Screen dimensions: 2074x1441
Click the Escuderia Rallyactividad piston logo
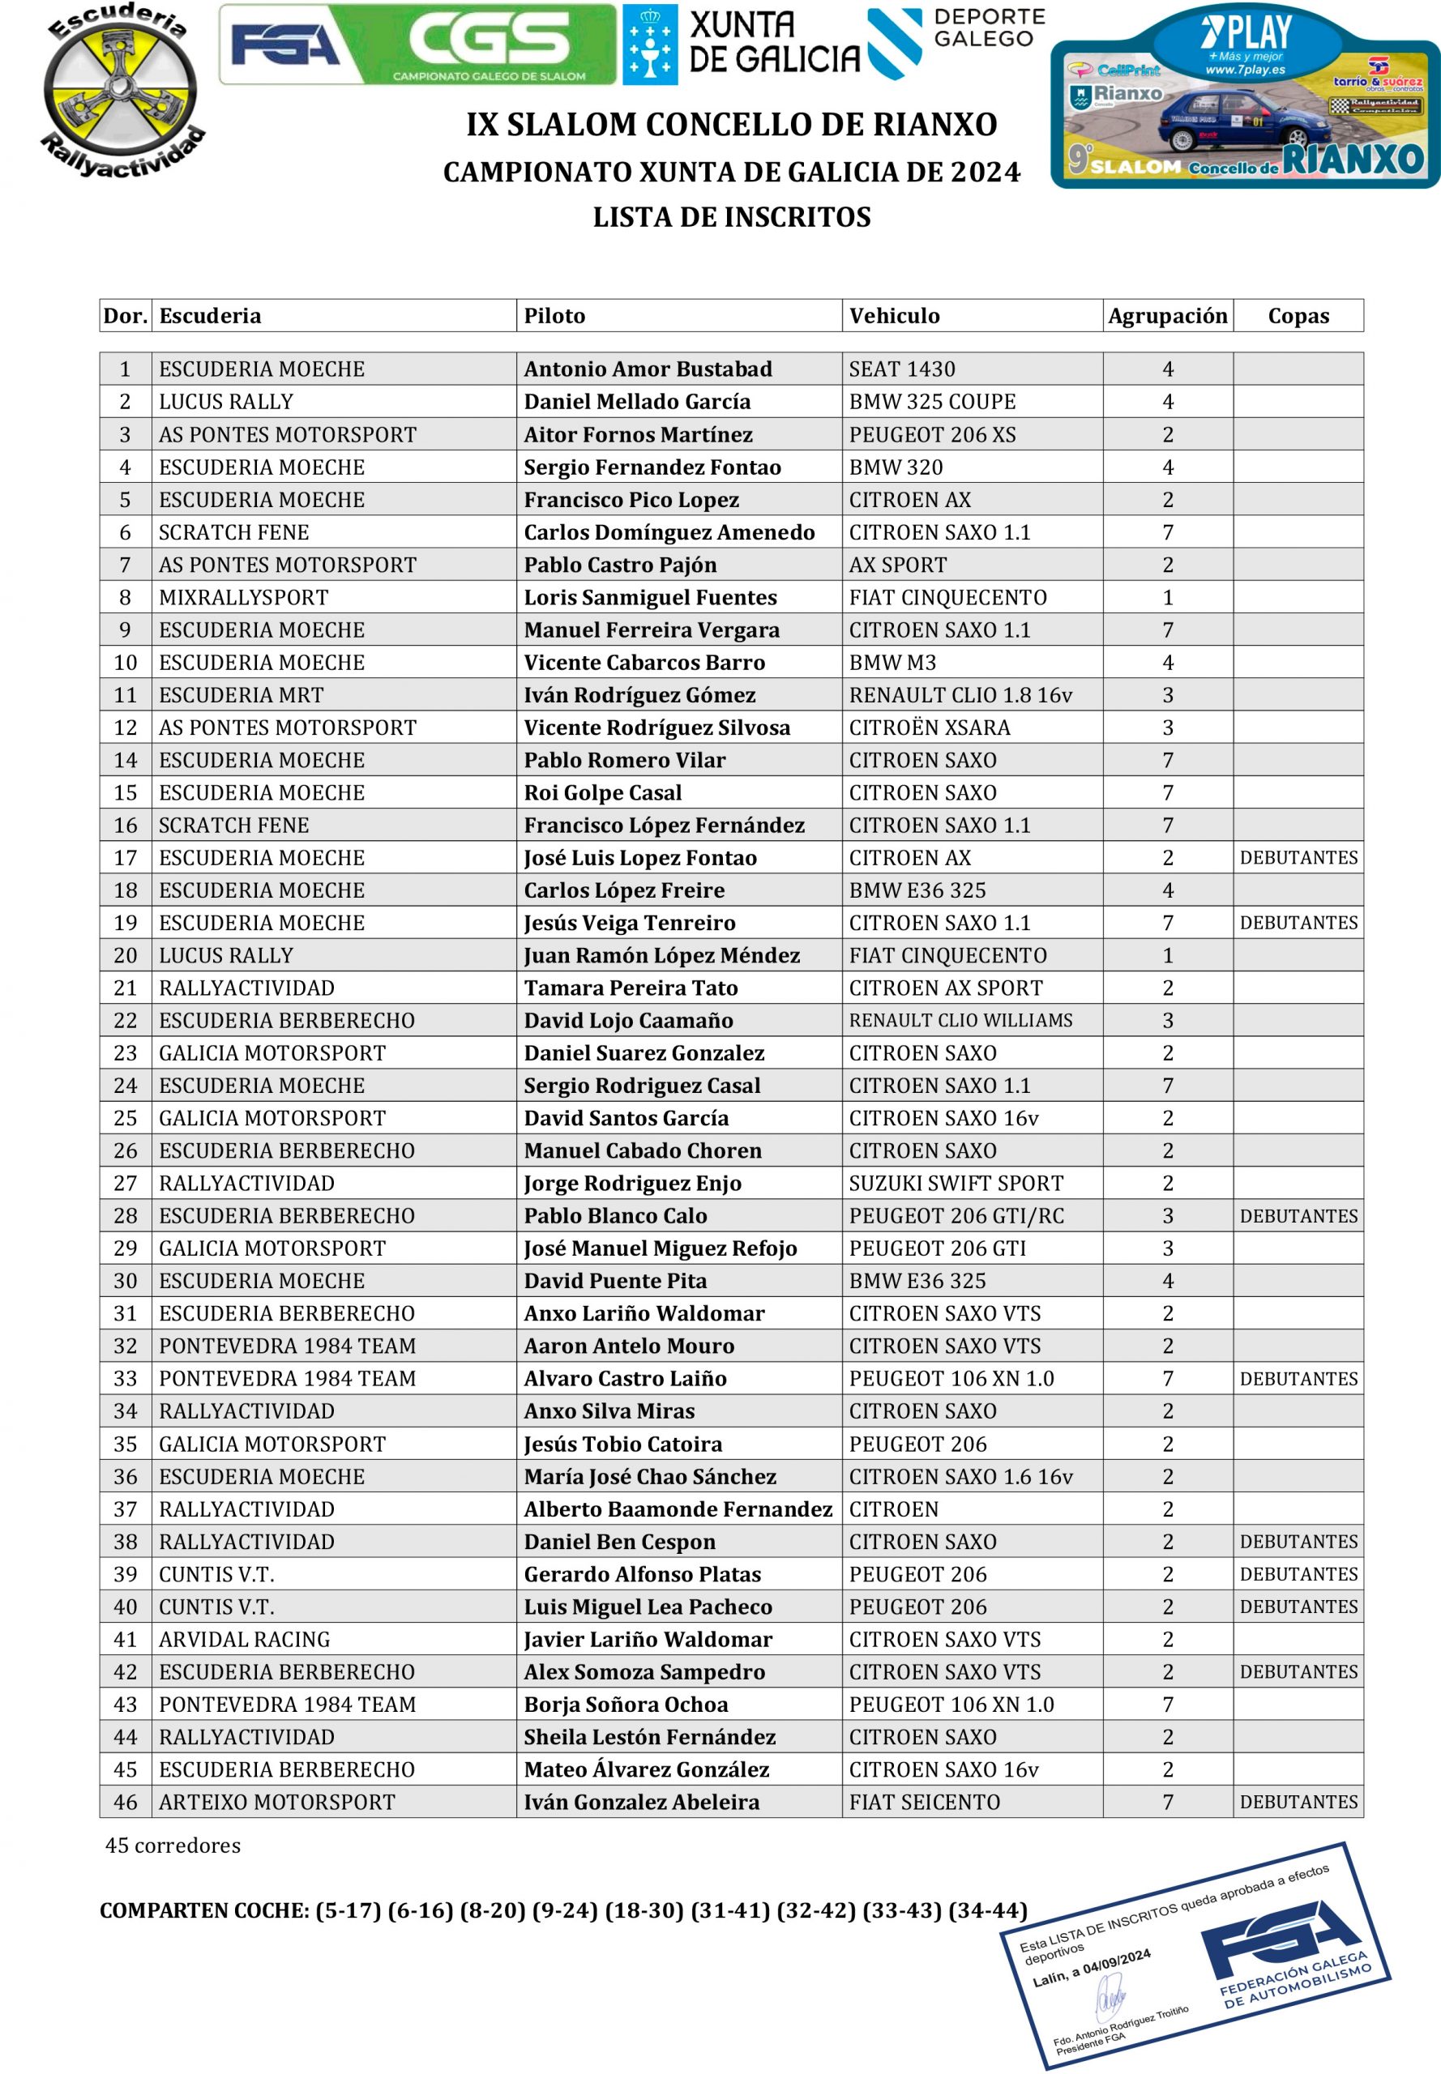tap(120, 88)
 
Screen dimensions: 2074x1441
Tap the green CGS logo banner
tap(417, 45)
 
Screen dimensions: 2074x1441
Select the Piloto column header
tap(554, 316)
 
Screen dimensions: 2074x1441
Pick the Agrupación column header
tap(1166, 316)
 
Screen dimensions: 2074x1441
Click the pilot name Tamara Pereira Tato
tap(631, 988)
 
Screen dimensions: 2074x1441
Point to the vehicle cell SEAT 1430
tap(901, 369)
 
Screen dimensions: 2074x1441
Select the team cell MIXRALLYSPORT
tap(243, 597)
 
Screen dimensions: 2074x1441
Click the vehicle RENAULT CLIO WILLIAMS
tap(960, 1020)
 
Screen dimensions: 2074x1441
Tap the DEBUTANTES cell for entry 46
tap(1298, 1802)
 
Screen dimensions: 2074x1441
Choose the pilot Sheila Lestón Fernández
tap(649, 1736)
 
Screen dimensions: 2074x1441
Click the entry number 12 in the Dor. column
tap(126, 728)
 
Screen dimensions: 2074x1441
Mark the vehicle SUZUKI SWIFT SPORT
tap(956, 1183)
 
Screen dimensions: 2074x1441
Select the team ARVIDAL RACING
tap(244, 1639)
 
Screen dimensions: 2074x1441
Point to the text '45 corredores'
tap(173, 1846)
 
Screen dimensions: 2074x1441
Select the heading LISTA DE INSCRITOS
tap(731, 217)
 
